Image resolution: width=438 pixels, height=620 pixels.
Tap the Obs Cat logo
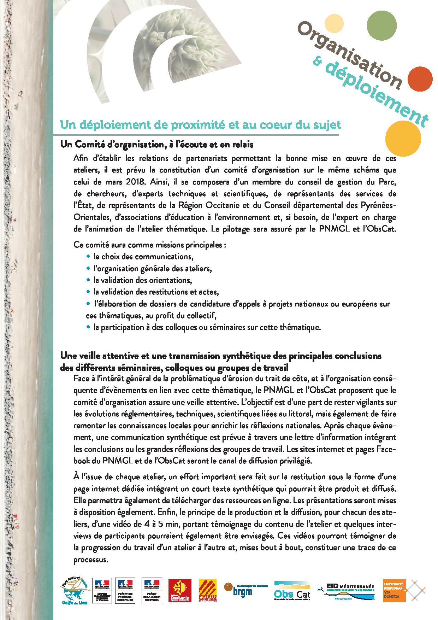(x=292, y=591)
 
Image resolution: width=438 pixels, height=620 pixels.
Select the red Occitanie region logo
(x=180, y=590)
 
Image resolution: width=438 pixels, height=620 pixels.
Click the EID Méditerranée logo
(x=346, y=591)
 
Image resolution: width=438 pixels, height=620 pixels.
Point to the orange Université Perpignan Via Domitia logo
(x=394, y=590)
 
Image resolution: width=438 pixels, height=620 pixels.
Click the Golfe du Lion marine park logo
(x=75, y=590)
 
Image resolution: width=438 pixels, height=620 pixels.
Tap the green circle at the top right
(x=381, y=25)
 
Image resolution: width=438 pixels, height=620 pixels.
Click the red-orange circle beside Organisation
(x=420, y=79)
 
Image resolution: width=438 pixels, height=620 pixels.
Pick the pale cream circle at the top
(x=334, y=23)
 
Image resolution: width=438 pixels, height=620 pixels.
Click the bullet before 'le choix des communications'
(x=88, y=256)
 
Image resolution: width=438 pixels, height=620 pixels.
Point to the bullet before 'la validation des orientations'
(x=88, y=280)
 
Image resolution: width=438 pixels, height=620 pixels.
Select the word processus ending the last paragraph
(x=90, y=560)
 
